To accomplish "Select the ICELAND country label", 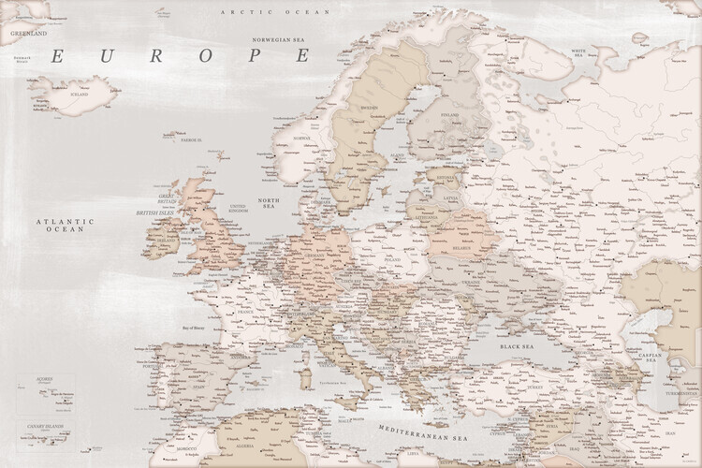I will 78,94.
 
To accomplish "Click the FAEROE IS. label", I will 194,139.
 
